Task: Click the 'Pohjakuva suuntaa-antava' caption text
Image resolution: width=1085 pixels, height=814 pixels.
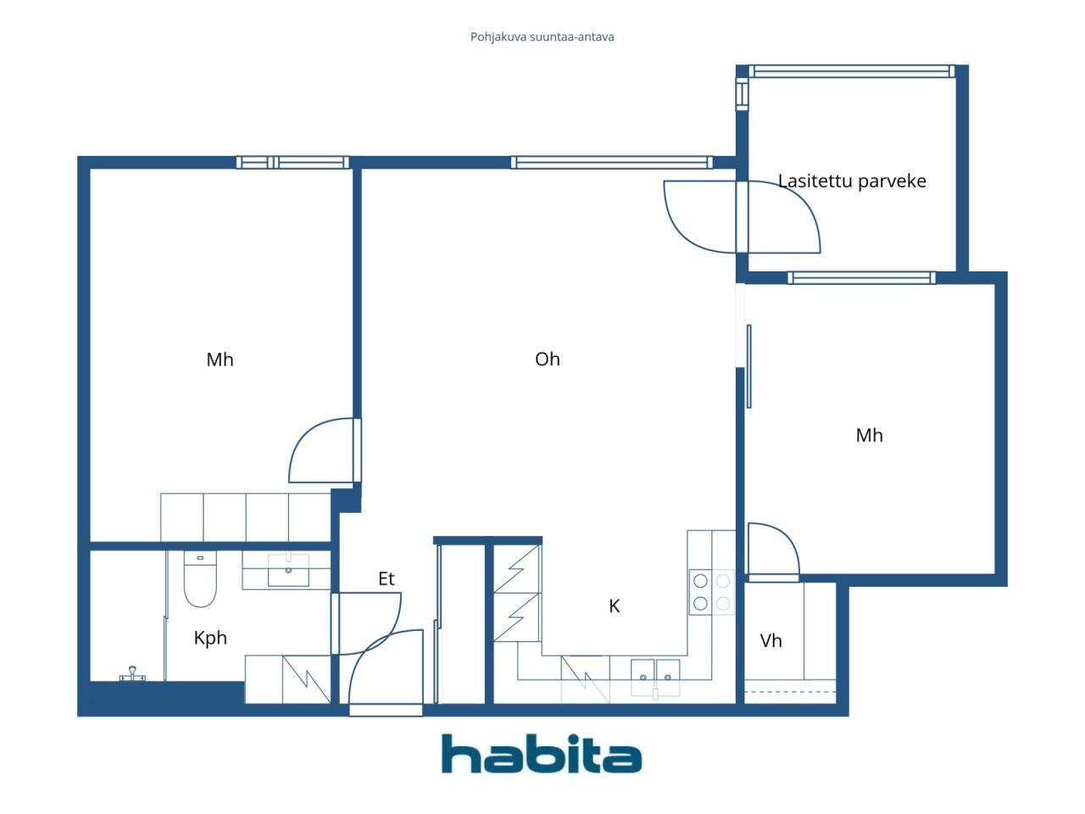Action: [542, 36]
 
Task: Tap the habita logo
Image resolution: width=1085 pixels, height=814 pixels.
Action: [541, 754]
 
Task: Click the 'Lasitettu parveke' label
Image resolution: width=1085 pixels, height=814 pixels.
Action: [852, 181]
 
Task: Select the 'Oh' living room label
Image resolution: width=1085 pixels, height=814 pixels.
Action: [548, 359]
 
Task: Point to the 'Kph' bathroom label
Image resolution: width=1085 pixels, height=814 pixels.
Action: [210, 638]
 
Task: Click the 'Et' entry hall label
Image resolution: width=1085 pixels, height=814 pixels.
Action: [387, 578]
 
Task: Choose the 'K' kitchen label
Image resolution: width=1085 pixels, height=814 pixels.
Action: [615, 605]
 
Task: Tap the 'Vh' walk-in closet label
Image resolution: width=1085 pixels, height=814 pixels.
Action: [771, 640]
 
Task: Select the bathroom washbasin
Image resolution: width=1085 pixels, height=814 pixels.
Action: [288, 570]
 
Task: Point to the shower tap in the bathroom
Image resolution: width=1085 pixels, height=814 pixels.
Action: [132, 674]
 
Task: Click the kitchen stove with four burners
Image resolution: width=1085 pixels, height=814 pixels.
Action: [711, 592]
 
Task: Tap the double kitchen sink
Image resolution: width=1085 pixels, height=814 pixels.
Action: [655, 676]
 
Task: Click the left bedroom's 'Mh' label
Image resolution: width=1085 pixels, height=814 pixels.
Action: [220, 359]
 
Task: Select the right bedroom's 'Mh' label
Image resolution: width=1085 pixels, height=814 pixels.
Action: [869, 435]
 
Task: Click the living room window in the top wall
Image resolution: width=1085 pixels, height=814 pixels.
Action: [610, 163]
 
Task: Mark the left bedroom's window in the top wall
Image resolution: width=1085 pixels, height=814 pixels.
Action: [292, 163]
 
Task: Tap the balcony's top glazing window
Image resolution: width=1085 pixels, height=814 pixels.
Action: [851, 71]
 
